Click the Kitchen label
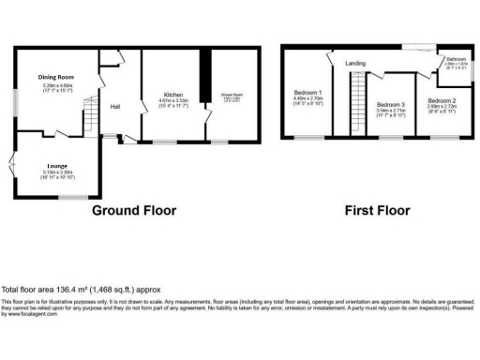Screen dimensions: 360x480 click(173, 96)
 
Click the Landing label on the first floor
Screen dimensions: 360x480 click(355, 63)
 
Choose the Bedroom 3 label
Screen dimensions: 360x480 click(390, 104)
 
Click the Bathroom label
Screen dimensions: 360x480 click(457, 58)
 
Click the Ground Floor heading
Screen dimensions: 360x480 click(132, 210)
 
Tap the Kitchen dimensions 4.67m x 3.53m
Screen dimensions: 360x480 click(173, 102)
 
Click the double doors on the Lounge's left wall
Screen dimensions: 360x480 click(12, 166)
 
